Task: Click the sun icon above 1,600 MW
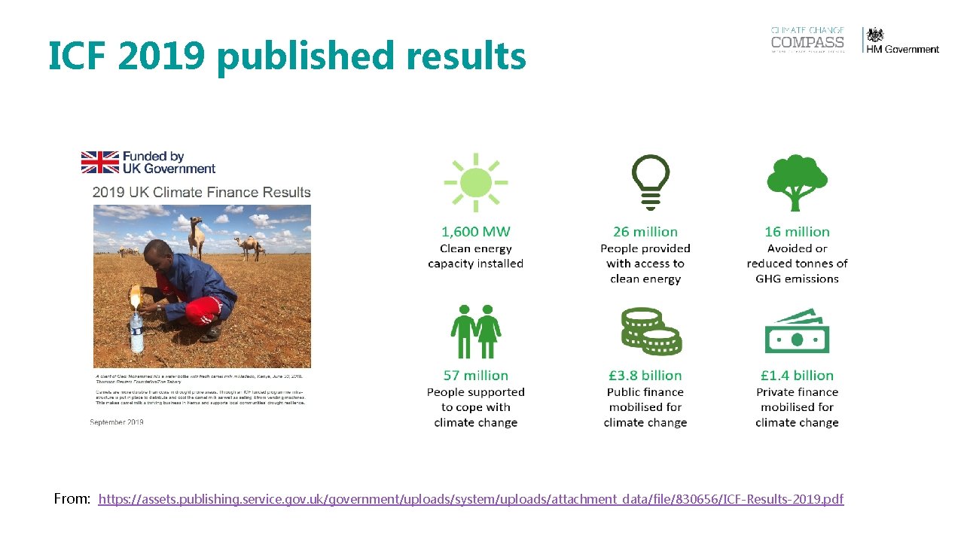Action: point(475,181)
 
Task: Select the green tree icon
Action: point(797,183)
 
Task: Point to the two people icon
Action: point(476,331)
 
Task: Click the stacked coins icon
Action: point(650,331)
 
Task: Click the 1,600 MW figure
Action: point(475,232)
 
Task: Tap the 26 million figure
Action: point(645,232)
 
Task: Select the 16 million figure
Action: point(797,232)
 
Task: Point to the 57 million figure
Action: point(475,376)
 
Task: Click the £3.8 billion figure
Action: point(645,376)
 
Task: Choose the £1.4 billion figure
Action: point(797,376)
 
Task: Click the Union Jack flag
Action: point(100,163)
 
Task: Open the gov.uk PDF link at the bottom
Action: point(471,499)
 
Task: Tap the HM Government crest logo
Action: point(874,35)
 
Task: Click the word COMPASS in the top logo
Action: point(807,43)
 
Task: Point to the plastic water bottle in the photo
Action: point(136,330)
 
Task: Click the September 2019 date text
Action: point(117,422)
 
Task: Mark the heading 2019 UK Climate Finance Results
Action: point(201,192)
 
